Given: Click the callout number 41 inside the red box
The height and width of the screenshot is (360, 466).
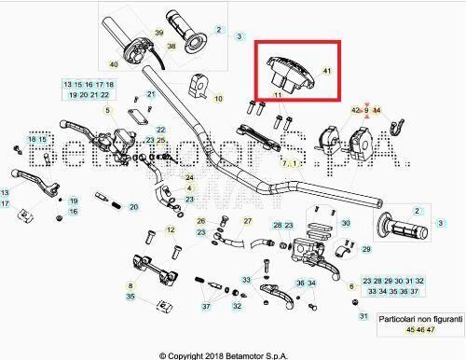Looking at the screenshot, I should (x=326, y=70).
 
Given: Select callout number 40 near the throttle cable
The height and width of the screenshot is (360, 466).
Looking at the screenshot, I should (x=113, y=64).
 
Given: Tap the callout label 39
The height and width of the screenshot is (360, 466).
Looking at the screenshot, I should (x=159, y=33).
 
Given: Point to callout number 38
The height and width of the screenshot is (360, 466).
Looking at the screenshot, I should (x=171, y=46).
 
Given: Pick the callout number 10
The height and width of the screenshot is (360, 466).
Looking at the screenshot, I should (x=218, y=97).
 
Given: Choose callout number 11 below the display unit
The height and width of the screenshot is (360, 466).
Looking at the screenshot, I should (x=278, y=95).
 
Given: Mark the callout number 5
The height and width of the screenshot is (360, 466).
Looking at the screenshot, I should (x=107, y=111).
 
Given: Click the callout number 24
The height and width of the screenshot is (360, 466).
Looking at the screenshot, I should (x=190, y=177).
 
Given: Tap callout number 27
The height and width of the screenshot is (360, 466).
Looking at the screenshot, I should (x=248, y=221).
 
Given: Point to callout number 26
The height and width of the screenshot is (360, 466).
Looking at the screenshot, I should (x=201, y=222).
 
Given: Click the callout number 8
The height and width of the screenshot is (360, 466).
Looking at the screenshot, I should (x=130, y=285).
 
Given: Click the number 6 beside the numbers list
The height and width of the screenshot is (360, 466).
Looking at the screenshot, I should (x=350, y=286).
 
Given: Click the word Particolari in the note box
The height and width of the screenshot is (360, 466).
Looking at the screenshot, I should (x=399, y=318).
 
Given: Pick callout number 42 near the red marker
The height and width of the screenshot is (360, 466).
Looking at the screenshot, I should (x=356, y=110).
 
